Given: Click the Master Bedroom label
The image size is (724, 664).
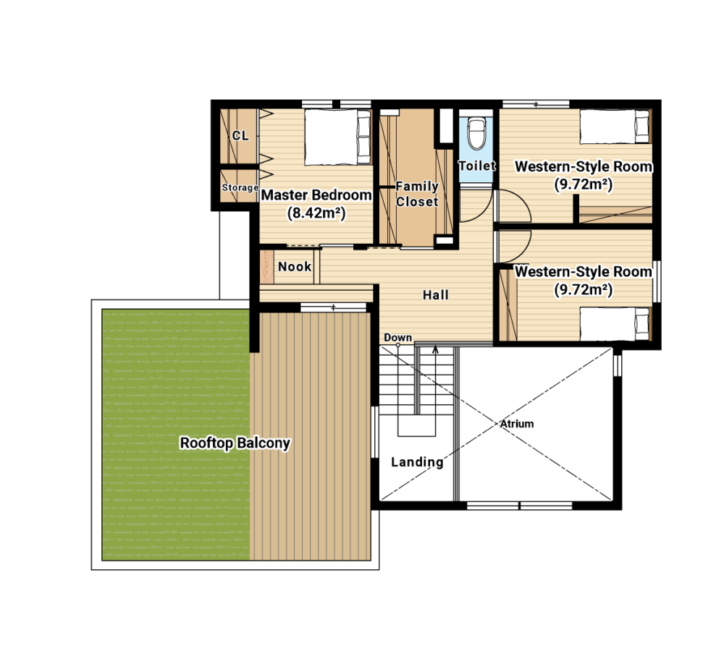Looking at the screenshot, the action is coord(316,195).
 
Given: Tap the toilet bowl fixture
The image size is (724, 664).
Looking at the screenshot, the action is coord(476,133).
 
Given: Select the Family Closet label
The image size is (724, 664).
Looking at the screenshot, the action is coord(417,194).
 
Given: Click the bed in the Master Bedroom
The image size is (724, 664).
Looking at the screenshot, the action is coord(338,137).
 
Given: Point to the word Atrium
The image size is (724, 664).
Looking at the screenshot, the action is coord(517,424).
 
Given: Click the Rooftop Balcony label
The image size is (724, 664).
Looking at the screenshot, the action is coord(235,443).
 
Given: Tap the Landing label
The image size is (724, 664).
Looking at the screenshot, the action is coord(417,462).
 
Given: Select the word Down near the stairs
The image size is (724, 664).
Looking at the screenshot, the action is coord(397,337).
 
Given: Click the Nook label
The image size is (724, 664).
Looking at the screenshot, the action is coord(295,267).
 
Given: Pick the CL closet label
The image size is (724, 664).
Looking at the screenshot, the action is coord(240,136).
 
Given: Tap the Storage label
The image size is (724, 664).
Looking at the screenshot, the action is coord(240,187).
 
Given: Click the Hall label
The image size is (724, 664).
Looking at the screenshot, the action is coord(435,295).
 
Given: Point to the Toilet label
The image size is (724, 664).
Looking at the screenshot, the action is coord(477,166).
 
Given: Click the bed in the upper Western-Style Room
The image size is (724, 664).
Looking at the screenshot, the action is coord(615,127).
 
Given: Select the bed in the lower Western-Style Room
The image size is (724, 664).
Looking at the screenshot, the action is coord(615,324).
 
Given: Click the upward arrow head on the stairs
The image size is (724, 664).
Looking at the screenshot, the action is coord(435,350).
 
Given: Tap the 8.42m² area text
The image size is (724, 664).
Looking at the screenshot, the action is coord(316,213).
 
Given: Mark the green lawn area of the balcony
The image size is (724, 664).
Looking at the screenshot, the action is coord(176,435).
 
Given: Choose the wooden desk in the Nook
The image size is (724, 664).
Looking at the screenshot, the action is coord(266,267).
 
